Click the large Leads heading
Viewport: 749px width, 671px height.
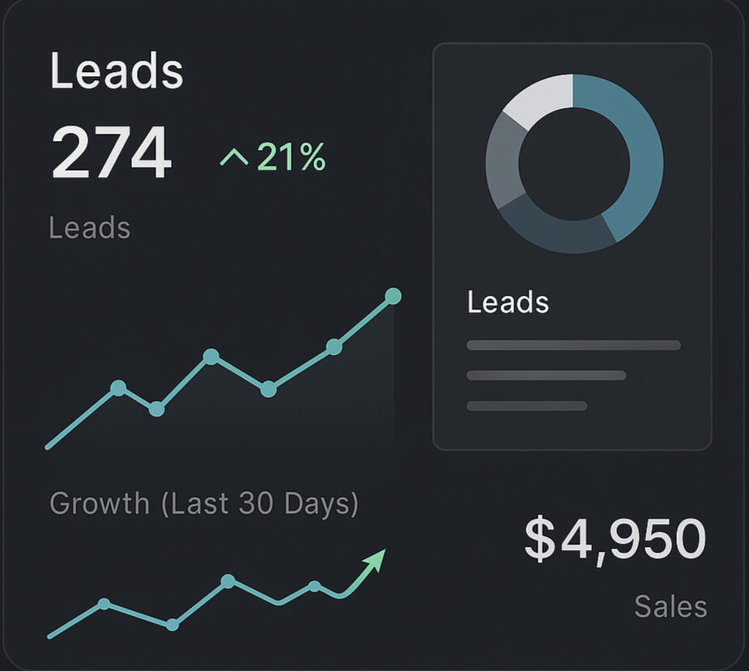[x=117, y=71]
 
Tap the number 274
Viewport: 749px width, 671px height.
[x=112, y=152]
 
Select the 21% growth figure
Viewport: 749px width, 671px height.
[x=292, y=156]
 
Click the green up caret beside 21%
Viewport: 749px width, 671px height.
[x=234, y=156]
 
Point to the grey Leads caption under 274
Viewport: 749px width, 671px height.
[x=89, y=228]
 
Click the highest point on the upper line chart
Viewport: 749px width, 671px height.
[x=393, y=296]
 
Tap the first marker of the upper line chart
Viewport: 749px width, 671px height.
[x=118, y=388]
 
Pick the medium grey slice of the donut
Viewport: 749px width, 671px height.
[x=502, y=162]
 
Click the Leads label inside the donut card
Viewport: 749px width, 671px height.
[x=508, y=303]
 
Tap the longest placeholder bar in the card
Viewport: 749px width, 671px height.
[x=573, y=345]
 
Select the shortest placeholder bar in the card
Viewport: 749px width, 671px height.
[x=526, y=405]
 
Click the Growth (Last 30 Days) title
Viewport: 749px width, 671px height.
[x=203, y=504]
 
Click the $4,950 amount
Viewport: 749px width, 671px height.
[x=615, y=539]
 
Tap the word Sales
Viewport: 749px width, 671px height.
[x=670, y=606]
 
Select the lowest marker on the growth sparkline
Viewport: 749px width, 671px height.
[x=172, y=625]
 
